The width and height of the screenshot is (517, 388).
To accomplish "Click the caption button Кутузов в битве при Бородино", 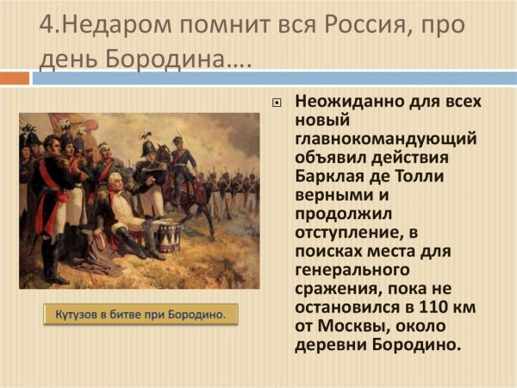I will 140,315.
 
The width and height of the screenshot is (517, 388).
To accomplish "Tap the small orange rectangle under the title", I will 14,78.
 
